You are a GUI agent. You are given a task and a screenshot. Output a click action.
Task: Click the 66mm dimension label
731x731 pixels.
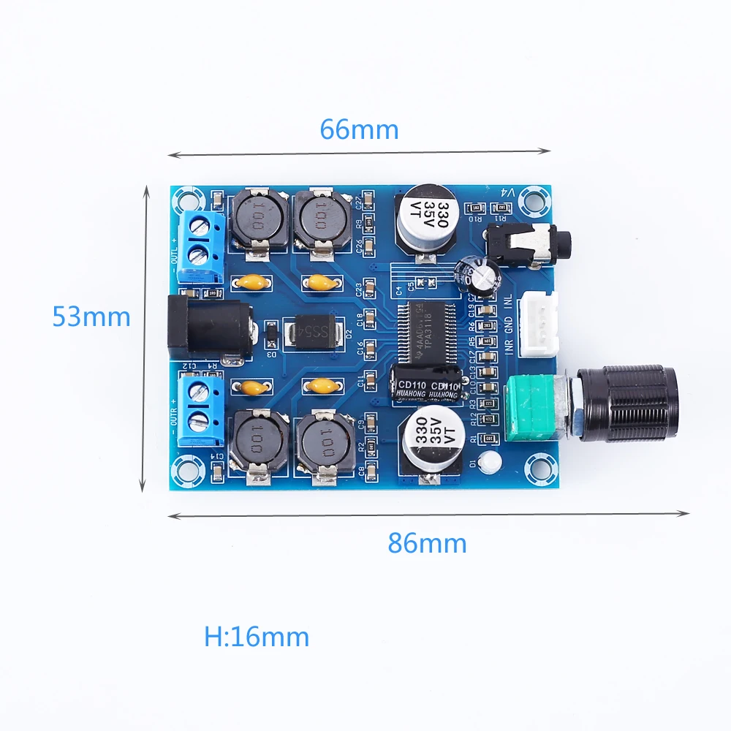pyautogui.click(x=359, y=129)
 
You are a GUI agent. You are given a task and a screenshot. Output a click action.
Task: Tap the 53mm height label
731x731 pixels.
pyautogui.click(x=91, y=316)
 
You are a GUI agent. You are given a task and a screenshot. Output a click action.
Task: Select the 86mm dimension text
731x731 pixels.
pyautogui.click(x=427, y=543)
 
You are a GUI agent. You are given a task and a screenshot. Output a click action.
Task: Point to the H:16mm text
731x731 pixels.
pyautogui.click(x=257, y=637)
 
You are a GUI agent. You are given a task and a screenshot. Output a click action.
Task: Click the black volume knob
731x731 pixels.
pyautogui.click(x=627, y=403)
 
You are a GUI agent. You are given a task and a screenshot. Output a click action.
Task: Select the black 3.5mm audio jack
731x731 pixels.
pyautogui.click(x=520, y=241)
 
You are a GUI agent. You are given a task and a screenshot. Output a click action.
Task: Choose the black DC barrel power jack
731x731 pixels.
pyautogui.click(x=210, y=327)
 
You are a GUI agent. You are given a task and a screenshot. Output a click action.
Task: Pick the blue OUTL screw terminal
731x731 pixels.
pyautogui.click(x=199, y=246)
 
